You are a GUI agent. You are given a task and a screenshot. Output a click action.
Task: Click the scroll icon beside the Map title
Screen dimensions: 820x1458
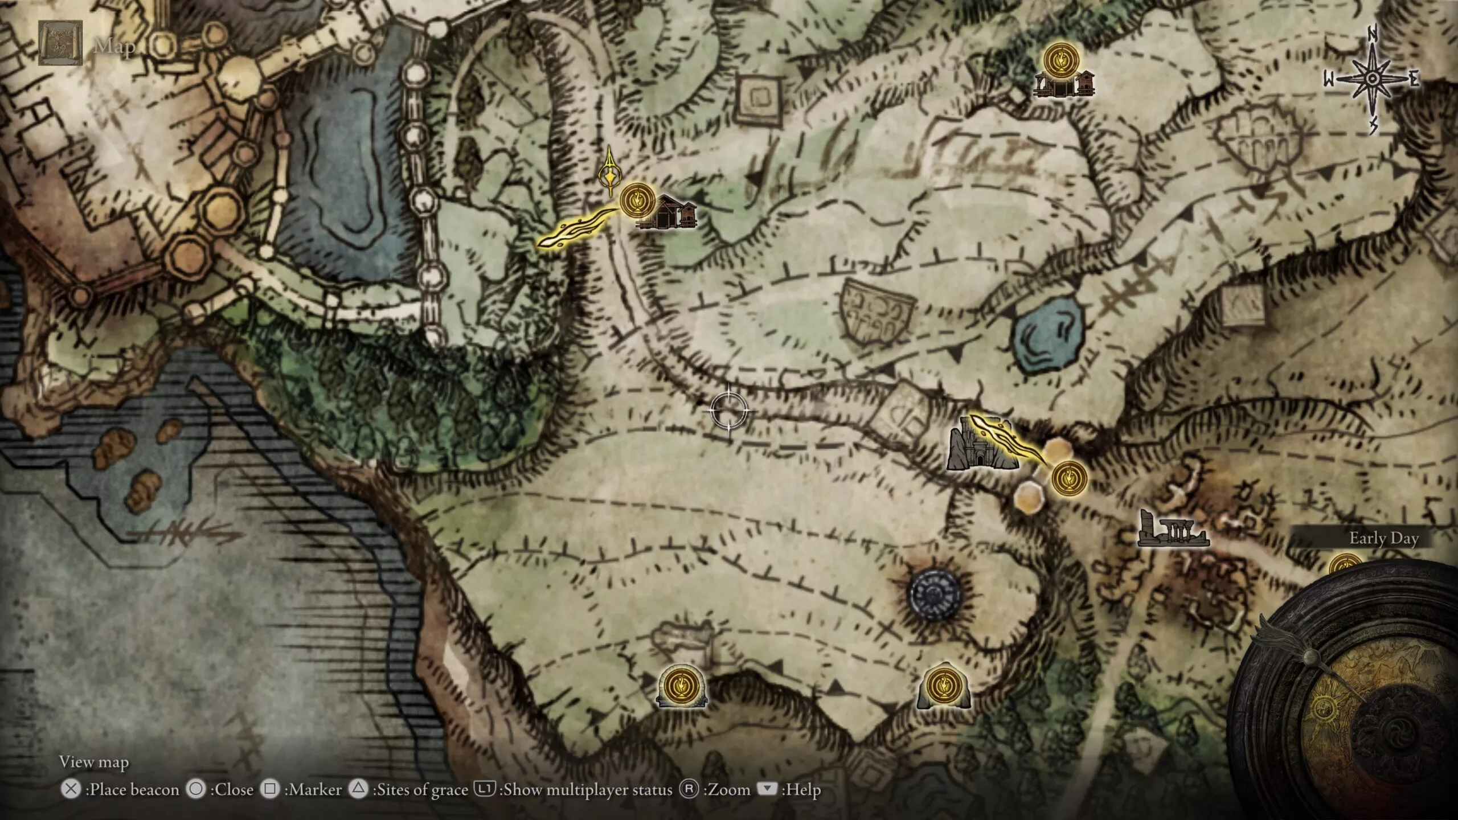[60, 43]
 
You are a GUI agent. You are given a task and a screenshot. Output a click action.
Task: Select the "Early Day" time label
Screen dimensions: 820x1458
[1383, 538]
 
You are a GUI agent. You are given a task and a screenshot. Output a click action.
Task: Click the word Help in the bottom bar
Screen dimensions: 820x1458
[802, 789]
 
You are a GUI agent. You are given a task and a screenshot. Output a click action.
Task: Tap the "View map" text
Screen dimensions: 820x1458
[94, 762]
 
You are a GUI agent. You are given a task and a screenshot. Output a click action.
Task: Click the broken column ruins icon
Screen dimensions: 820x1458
[1171, 529]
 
